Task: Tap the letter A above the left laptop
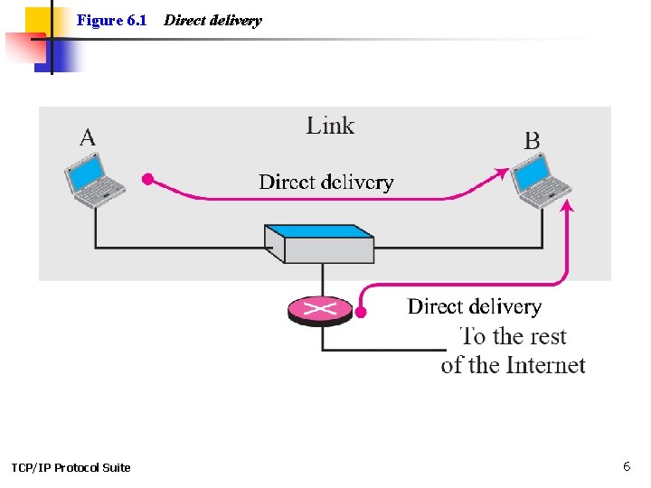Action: point(88,137)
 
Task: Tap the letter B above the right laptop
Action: point(532,140)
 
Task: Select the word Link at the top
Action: point(330,126)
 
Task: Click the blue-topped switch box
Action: point(319,242)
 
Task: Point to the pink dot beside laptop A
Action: point(148,179)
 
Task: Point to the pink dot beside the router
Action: point(360,313)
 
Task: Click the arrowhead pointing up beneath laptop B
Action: point(567,208)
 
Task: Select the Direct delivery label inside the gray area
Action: point(325,182)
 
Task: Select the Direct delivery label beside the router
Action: point(474,306)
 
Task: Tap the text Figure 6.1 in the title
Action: point(111,20)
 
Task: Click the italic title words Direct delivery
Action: point(212,20)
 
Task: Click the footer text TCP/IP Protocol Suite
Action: point(71,467)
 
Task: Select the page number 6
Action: point(626,466)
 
